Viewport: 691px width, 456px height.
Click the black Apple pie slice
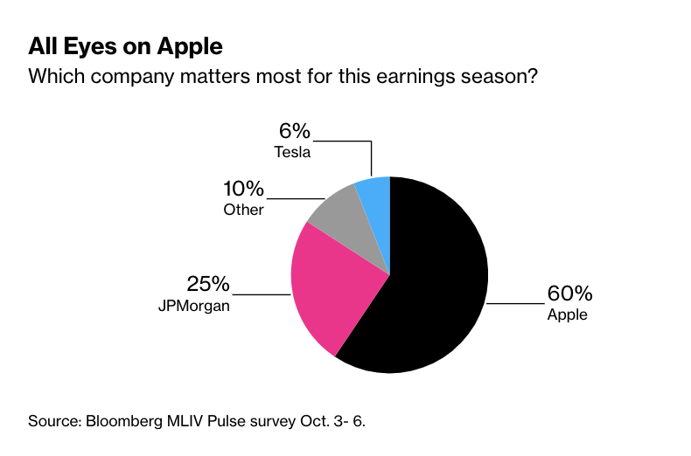pos(429,280)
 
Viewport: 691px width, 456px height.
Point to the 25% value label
pos(207,284)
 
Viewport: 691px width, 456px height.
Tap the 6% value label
pos(294,131)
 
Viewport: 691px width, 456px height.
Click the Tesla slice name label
pos(293,152)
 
